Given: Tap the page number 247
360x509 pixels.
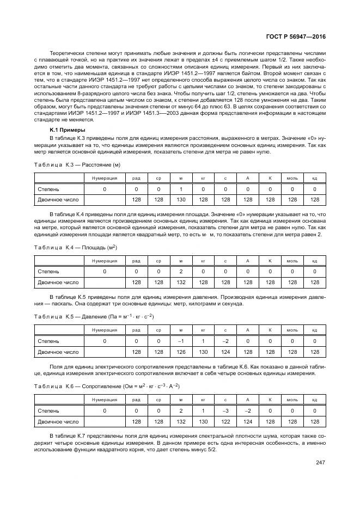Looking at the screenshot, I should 320,463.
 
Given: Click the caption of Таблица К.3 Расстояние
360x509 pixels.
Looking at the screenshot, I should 77,164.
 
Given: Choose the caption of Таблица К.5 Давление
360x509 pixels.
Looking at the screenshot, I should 94,316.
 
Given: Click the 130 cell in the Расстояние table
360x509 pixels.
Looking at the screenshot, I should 181,200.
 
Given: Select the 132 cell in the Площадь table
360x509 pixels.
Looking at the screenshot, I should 181,282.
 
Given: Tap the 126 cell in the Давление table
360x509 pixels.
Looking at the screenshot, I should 181,352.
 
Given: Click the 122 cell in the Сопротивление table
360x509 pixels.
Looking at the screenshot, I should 225,421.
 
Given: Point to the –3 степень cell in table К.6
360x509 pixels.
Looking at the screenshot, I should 225,410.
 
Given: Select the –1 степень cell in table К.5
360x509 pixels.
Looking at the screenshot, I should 181,341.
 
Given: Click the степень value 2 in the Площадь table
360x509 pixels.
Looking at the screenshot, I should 181,271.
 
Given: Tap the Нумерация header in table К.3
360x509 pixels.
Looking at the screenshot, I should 104,178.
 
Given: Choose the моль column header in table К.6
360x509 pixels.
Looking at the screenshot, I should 292,400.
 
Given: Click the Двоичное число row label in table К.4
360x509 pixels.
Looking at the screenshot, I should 58,282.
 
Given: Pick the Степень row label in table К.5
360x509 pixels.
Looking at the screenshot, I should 48,341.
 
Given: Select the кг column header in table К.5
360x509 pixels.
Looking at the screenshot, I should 203,330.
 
